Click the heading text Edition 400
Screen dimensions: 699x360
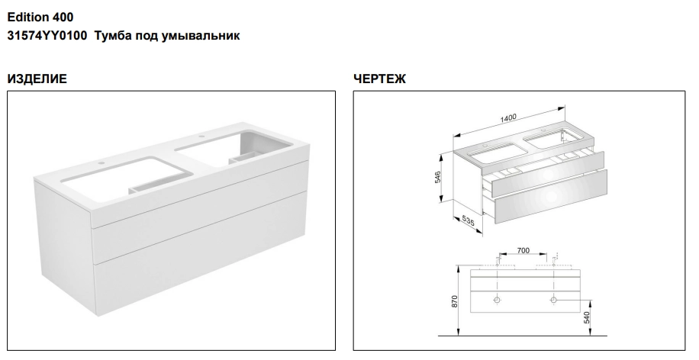point(40,18)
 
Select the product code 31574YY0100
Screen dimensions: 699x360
point(47,35)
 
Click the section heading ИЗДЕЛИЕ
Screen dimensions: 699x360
point(37,79)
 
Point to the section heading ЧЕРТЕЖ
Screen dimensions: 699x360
point(380,79)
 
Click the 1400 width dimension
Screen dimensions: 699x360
point(508,118)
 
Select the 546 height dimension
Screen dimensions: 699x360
point(438,176)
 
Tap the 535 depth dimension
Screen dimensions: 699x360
point(468,220)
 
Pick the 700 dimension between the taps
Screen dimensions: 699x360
point(523,250)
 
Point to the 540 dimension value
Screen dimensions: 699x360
point(587,317)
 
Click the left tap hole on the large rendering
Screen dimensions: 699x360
point(102,163)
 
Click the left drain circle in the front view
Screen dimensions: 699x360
point(497,300)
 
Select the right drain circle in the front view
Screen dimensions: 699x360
point(553,300)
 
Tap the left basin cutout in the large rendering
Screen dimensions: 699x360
point(127,173)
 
